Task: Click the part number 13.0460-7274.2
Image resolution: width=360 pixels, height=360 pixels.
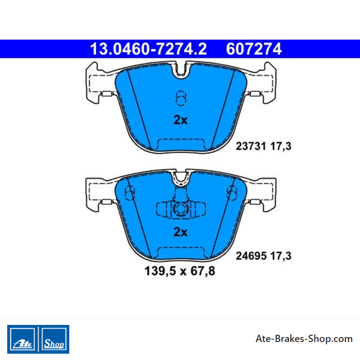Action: pos(148,49)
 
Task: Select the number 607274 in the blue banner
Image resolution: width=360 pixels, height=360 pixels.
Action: pos(254,49)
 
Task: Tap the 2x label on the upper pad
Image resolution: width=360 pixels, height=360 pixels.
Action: pos(180,120)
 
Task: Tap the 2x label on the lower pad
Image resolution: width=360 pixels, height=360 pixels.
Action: pos(180,232)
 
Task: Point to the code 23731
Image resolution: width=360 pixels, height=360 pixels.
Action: pos(251,146)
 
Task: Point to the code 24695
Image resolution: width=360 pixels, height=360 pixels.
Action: pos(251,256)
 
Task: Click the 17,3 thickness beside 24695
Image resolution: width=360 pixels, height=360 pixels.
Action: pos(280,256)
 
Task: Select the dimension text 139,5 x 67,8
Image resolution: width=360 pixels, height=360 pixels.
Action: pos(180,271)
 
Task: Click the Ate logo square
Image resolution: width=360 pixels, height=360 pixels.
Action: pos(22,339)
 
